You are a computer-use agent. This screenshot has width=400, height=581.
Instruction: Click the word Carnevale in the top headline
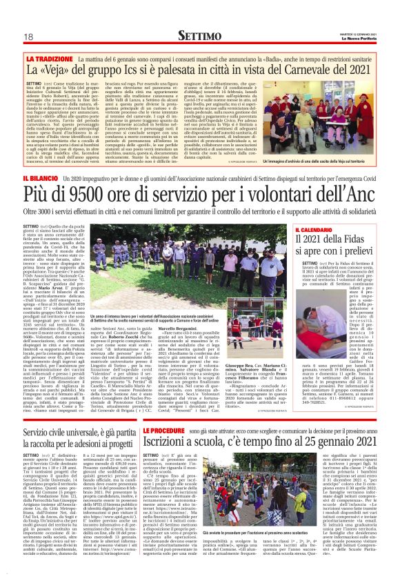coord(306,72)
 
